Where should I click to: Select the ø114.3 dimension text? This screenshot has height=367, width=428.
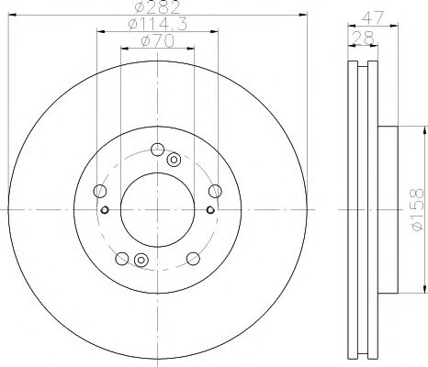coord(157,26)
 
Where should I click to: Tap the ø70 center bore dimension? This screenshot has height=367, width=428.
coord(157,43)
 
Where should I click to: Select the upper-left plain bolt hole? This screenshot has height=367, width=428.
coord(100,190)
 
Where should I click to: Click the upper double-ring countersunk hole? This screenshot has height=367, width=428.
coord(174,160)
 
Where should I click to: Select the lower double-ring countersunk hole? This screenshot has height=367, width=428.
coord(141,261)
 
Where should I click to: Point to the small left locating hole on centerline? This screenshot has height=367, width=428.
coord(106,210)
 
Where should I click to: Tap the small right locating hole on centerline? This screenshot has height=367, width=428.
coord(209,210)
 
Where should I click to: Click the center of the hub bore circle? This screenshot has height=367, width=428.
coord(157,210)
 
